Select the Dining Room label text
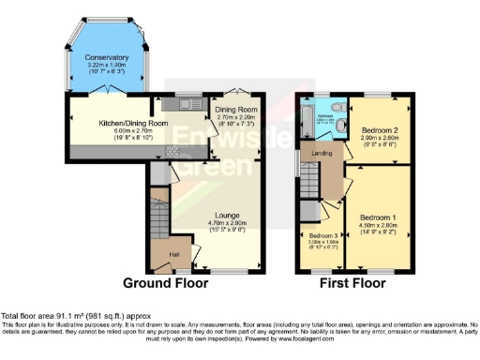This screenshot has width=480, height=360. click(232, 110)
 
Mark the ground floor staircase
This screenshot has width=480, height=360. click(157, 215)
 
